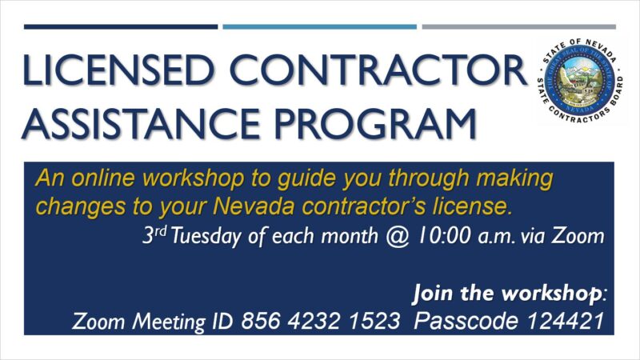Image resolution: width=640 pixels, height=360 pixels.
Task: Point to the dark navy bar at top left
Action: tap(120, 26)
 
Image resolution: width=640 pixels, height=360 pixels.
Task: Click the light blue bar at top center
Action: tap(319, 26)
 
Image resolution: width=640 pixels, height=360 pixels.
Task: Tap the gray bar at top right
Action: tap(519, 26)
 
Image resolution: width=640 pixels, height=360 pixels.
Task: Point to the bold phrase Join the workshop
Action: tap(507, 293)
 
